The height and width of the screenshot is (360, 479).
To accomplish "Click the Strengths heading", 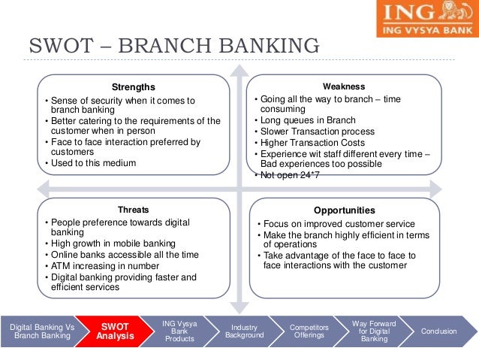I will [x=134, y=86].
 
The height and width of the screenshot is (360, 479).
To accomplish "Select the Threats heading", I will [x=134, y=210].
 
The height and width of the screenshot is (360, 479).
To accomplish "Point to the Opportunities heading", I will [x=343, y=210].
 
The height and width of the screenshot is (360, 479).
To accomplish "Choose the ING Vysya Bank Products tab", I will [x=179, y=331].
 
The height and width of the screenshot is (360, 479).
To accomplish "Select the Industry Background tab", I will [x=244, y=331].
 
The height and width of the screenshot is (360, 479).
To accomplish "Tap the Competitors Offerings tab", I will [x=308, y=331].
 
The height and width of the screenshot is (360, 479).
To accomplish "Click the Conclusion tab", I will [x=438, y=331].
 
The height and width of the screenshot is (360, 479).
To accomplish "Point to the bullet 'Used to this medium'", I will [x=92, y=162].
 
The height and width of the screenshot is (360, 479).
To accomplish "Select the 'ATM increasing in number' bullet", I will [x=104, y=265].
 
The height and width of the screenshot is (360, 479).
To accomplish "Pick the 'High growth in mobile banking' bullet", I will [x=113, y=244].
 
